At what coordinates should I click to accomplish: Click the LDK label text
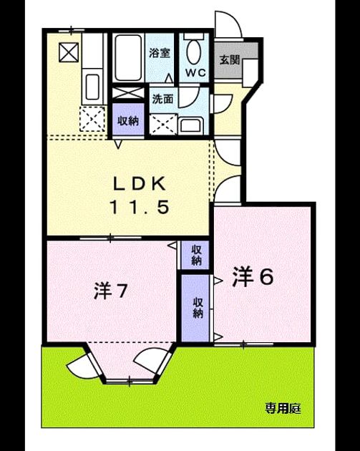coord(140,184)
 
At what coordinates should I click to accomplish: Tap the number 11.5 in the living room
coord(140,207)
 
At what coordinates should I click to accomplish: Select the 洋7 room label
coord(110,291)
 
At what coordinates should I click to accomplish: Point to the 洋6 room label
coord(253,277)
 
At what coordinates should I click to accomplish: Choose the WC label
coord(195,73)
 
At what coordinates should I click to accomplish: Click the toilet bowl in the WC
coord(194,52)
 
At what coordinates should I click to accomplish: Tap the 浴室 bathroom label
coord(160,53)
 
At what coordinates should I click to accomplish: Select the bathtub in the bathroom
coord(129,58)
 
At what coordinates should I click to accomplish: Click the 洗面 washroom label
coord(162,99)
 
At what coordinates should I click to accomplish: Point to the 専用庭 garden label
coord(283,408)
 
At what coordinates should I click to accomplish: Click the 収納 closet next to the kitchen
coord(128,120)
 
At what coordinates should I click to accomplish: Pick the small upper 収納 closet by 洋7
coord(195,255)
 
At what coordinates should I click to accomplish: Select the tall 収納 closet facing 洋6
coord(195,308)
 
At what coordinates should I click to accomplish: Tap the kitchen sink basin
coord(93,87)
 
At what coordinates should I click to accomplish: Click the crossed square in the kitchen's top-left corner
coord(69,52)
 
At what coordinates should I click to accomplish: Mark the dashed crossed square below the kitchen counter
coord(92,119)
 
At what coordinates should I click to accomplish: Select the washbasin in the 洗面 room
coord(191,126)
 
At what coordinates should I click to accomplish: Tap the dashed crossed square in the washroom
coord(163,125)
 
